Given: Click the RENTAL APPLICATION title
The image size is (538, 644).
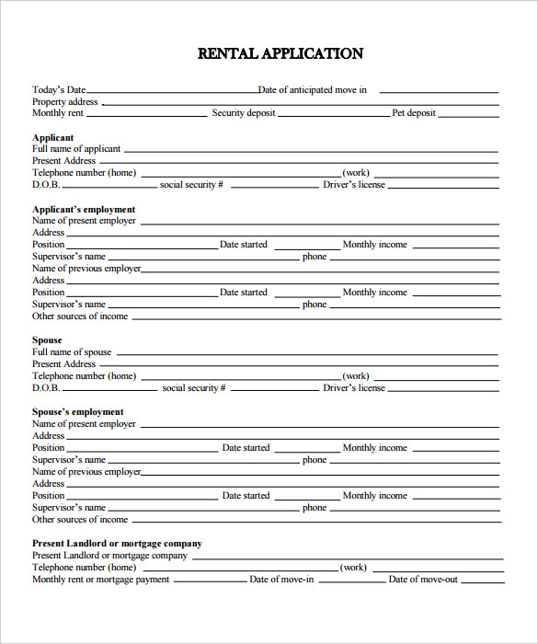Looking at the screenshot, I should (x=280, y=53).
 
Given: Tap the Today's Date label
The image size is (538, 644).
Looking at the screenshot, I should (x=59, y=90).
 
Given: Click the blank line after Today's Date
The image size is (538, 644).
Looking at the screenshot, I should (x=172, y=93).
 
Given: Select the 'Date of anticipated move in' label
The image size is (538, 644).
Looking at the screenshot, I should (x=313, y=90).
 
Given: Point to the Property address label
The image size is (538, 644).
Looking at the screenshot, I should (x=65, y=102).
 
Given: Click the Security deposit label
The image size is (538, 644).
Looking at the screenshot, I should (x=244, y=113).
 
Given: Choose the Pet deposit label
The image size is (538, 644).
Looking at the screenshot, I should (x=414, y=113).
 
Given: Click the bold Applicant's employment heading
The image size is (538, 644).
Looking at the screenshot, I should (x=84, y=210).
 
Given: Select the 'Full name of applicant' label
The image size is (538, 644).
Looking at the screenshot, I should (x=76, y=149).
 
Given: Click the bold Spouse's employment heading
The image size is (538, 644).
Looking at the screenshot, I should (x=78, y=412).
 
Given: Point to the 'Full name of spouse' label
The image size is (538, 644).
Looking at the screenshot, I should (x=72, y=352).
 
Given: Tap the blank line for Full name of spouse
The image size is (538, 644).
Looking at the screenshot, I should (x=307, y=355).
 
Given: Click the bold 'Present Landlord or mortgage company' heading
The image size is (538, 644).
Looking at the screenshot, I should (x=117, y=544).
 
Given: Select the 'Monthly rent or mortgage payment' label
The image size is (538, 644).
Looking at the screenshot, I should (x=101, y=580).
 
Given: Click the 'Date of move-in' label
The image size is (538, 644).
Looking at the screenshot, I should (x=281, y=580).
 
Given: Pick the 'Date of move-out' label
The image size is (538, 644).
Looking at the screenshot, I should (x=423, y=580).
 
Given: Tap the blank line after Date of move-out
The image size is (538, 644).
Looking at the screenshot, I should (x=482, y=582).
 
